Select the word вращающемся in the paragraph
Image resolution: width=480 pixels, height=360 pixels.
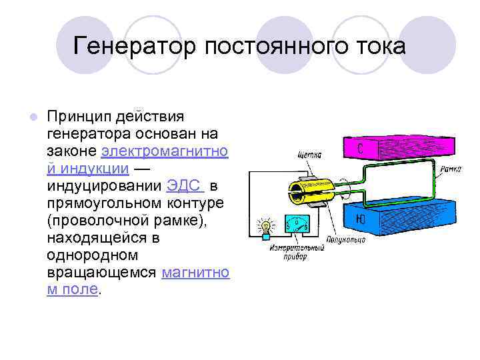coord(101,272)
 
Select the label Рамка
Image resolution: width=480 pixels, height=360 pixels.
coord(450,169)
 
